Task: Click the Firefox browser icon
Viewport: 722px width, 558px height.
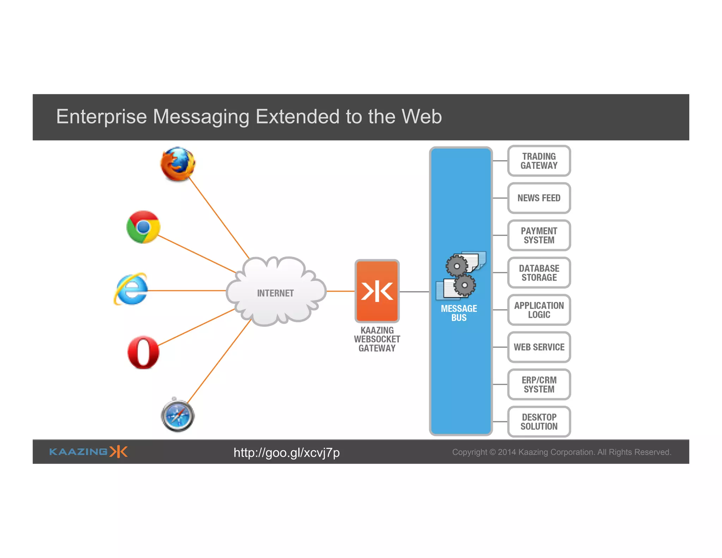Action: [178, 164]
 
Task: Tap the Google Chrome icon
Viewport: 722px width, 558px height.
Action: [143, 227]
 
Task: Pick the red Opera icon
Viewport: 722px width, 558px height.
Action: [143, 352]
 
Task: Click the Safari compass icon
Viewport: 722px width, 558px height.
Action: [178, 416]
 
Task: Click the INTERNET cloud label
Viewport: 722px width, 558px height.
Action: [275, 293]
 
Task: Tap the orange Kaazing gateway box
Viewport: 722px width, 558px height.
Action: [377, 291]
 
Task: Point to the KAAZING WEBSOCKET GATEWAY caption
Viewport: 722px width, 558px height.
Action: [377, 339]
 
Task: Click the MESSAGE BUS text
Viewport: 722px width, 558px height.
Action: [459, 313]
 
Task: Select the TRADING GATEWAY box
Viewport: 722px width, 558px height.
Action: [539, 161]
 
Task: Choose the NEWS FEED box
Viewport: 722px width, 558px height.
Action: [539, 198]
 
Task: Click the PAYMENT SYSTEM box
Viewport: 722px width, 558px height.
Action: [539, 235]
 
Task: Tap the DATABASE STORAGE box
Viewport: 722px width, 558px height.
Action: [539, 273]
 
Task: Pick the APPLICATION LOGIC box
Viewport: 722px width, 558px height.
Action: [539, 310]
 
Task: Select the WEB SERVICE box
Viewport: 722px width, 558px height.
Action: [539, 347]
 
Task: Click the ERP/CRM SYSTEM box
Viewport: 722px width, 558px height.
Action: [539, 384]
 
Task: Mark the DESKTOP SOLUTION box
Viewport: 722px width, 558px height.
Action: [539, 422]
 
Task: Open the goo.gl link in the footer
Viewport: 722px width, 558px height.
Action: [287, 453]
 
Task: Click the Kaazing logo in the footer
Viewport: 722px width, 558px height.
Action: [88, 452]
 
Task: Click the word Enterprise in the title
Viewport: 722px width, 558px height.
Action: [102, 117]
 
